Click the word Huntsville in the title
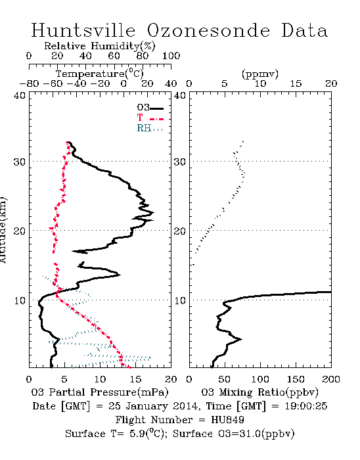(83, 30)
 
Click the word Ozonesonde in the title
(208, 30)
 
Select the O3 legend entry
(150, 108)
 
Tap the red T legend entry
(150, 118)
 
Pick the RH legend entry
(150, 128)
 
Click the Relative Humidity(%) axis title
(100, 46)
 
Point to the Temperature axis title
(100, 74)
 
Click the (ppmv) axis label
(260, 74)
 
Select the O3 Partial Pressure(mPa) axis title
(100, 392)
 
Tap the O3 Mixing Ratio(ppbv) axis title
(259, 392)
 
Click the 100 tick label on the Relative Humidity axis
(171, 55)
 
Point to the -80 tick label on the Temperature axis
(29, 83)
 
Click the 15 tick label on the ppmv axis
(296, 83)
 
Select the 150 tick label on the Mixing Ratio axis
(296, 379)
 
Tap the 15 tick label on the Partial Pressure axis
(135, 379)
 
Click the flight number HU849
(227, 420)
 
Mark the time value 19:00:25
(305, 406)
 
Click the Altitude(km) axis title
(3, 230)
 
